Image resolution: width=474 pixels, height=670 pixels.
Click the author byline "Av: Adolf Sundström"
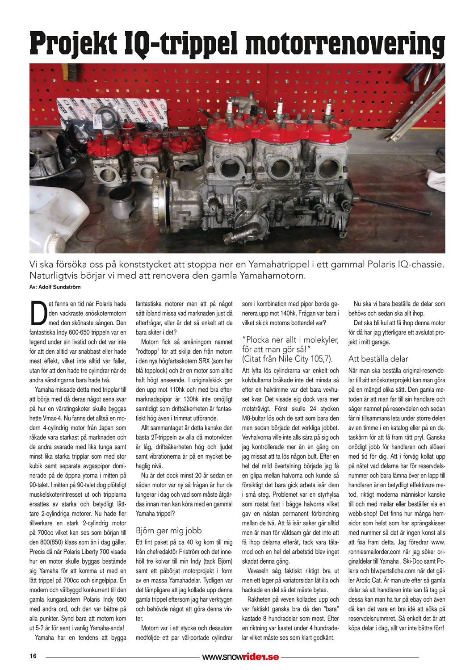point(55,287)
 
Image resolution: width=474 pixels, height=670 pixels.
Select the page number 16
point(33,656)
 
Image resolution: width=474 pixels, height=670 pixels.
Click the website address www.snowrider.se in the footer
point(240,657)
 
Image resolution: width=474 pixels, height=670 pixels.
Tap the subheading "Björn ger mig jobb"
point(168,530)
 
